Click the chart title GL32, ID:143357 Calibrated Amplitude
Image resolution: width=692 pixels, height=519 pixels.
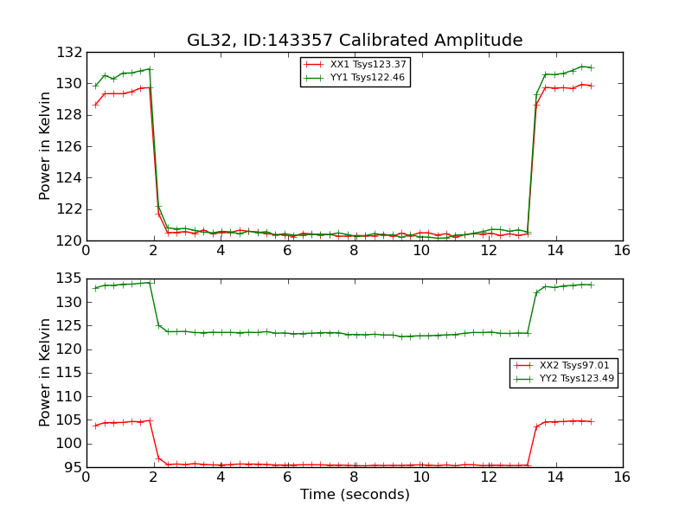click(355, 41)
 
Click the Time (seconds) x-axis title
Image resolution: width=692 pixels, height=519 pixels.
click(355, 495)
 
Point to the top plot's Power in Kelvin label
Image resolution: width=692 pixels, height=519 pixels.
click(46, 146)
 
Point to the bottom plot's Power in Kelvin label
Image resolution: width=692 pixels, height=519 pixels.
click(46, 373)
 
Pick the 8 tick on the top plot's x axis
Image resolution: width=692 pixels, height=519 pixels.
click(354, 251)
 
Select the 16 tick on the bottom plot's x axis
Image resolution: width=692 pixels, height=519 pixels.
click(622, 477)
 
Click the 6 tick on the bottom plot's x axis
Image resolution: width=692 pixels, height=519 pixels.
click(287, 477)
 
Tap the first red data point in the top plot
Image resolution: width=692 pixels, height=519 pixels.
click(95, 105)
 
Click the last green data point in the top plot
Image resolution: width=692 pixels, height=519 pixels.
click(592, 67)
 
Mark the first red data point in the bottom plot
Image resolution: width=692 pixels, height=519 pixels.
click(95, 426)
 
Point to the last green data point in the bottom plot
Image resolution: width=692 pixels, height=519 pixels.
click(592, 285)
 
